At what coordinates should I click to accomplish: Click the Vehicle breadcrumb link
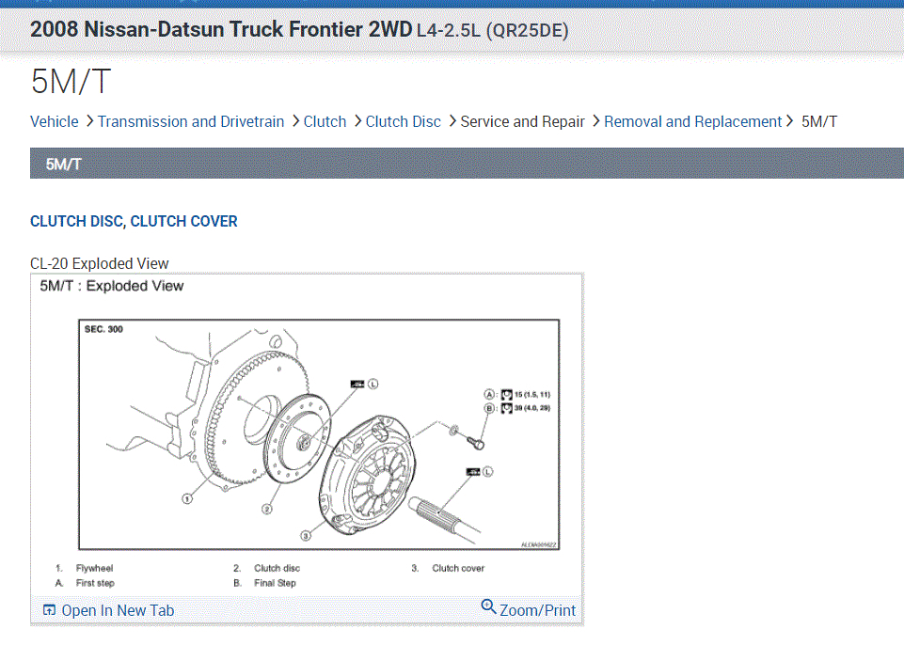55,121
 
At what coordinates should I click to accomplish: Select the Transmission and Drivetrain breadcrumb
191,121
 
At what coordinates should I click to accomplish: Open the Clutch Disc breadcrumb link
403,121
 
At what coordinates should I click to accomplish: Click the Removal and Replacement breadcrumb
692,121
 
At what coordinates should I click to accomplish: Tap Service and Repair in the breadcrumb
522,121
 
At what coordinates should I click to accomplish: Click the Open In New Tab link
118,610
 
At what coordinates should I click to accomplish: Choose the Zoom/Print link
537,610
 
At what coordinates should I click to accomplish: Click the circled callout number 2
267,509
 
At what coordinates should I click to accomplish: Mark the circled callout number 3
306,534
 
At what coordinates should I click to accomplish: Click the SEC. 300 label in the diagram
103,330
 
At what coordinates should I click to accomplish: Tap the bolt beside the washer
479,439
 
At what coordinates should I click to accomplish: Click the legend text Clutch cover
458,568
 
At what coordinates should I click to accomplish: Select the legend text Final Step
275,583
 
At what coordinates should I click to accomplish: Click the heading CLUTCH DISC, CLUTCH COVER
134,222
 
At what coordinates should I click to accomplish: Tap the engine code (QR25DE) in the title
527,30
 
